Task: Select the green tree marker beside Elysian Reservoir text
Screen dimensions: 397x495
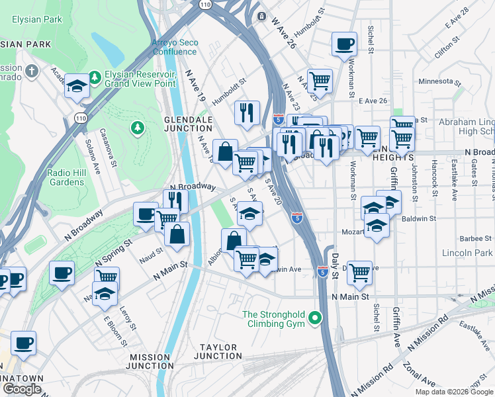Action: pos(95,78)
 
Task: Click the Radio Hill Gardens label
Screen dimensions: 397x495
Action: pos(70,177)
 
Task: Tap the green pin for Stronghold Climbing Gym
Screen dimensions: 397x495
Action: pos(316,319)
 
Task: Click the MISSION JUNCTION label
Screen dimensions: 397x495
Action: pos(150,361)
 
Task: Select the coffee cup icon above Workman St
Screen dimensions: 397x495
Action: pos(344,44)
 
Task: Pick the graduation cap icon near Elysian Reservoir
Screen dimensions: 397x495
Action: pos(77,86)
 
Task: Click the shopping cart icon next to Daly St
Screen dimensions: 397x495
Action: pos(359,271)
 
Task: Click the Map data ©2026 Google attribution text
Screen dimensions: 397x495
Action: pos(454,392)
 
